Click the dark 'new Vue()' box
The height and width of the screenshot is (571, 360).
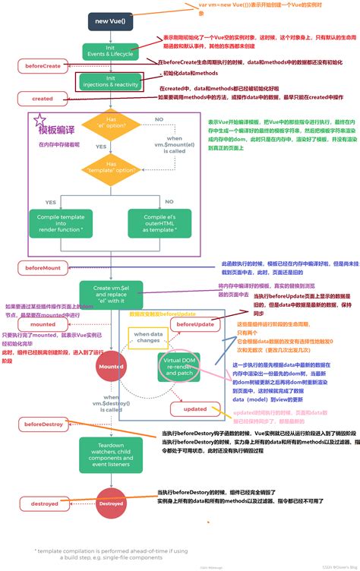click(111, 21)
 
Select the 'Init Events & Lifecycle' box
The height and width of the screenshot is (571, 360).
click(111, 52)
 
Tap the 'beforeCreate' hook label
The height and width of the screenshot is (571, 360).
click(43, 67)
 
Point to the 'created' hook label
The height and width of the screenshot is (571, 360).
click(43, 99)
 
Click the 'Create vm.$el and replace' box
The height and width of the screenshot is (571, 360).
click(111, 293)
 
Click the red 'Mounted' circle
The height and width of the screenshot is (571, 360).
click(111, 366)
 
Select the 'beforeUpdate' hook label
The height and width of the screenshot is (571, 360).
click(194, 324)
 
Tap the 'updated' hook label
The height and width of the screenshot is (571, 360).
click(194, 409)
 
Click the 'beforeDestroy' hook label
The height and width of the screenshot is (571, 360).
click(43, 424)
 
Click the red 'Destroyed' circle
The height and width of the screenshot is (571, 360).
click(111, 503)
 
